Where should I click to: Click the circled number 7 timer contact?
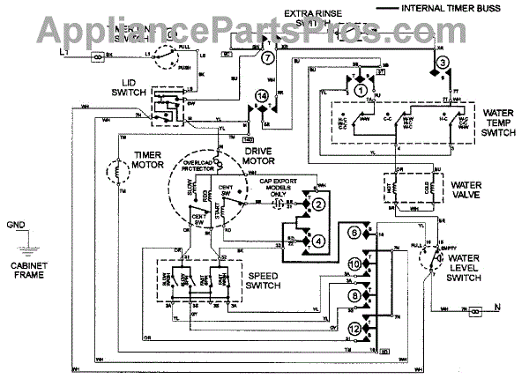tap(267, 56)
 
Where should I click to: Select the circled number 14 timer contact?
tap(261, 95)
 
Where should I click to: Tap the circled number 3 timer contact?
tap(443, 60)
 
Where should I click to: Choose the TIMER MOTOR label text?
tap(152, 160)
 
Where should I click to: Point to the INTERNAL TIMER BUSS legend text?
tap(464, 9)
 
